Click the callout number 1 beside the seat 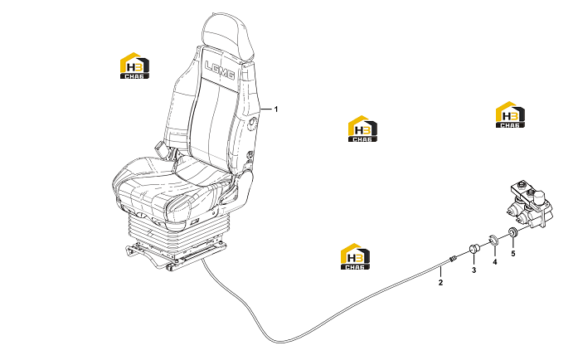point(275,109)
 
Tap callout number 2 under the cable point(440,283)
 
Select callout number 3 point(474,270)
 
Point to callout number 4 point(495,262)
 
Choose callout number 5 point(512,254)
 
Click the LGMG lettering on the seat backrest point(220,70)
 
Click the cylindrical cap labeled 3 point(474,248)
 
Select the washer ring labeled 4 point(493,239)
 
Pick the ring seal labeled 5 point(512,232)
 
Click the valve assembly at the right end point(530,205)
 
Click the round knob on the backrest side point(253,124)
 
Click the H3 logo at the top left point(134,66)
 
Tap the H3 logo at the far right point(510,114)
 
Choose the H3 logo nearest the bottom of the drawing point(355,256)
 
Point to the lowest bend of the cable point(281,342)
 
